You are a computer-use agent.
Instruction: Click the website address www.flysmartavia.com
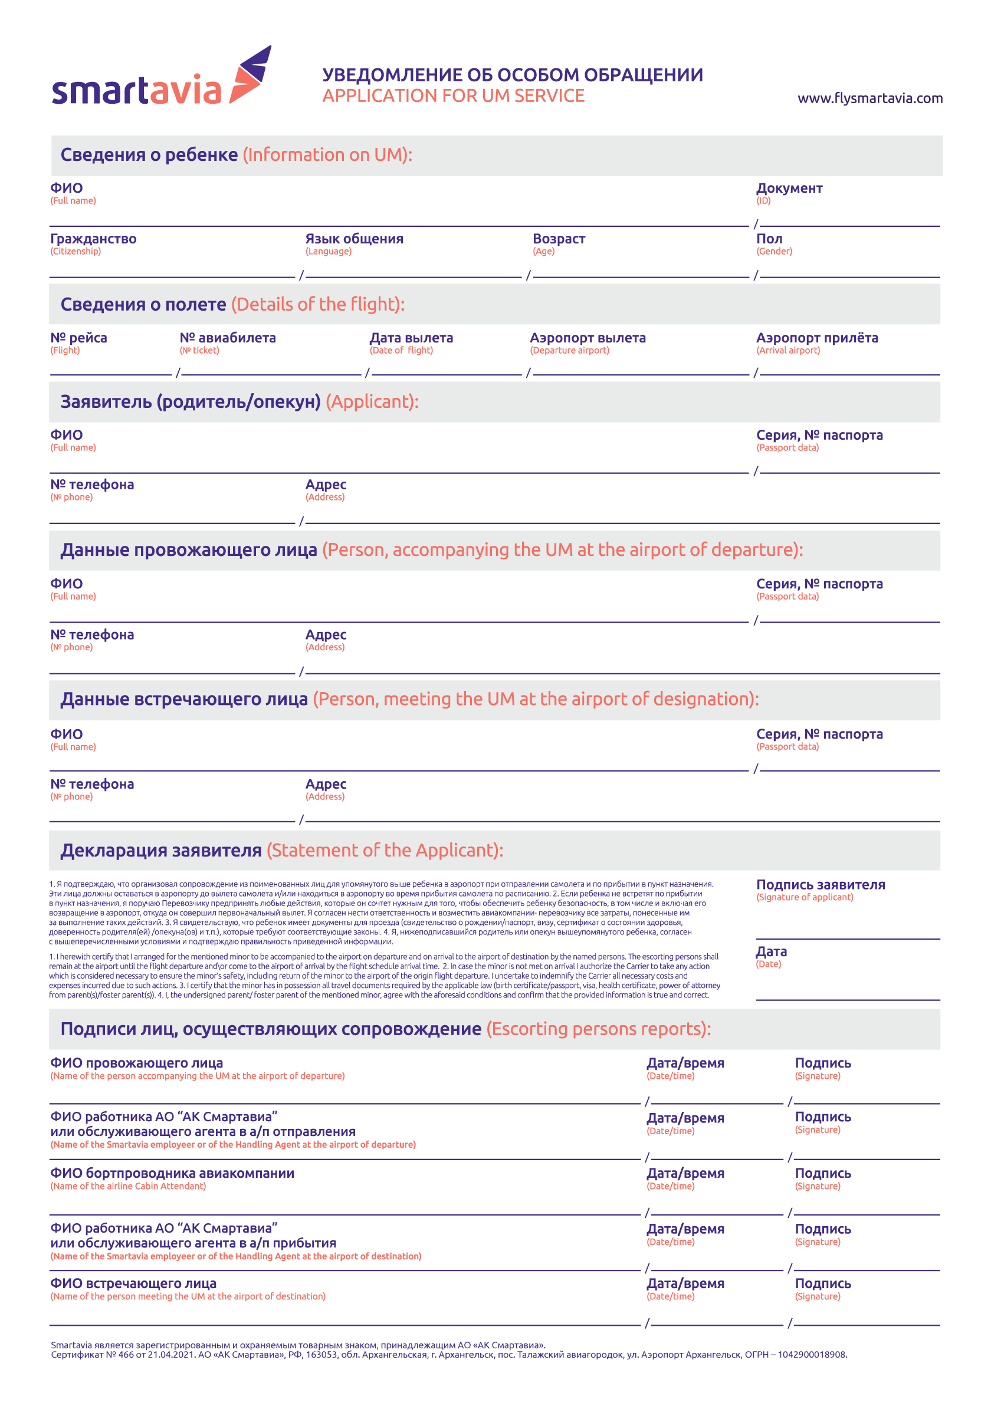point(869,98)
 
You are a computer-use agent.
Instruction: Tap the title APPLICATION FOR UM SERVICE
point(453,96)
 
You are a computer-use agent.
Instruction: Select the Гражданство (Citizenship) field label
point(93,239)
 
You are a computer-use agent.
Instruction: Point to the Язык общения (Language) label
point(354,239)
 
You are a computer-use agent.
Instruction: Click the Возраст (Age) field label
point(559,239)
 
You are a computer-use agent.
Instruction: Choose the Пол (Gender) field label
point(769,239)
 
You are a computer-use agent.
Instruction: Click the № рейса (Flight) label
point(78,338)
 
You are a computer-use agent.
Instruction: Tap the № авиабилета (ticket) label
point(228,338)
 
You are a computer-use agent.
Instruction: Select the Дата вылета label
point(411,338)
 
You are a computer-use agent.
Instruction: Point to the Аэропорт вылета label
point(588,338)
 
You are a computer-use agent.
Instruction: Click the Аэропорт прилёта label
point(817,338)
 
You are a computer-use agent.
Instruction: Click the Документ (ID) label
point(789,188)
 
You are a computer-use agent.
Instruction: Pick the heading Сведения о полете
point(143,304)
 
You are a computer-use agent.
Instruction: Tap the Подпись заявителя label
point(821,884)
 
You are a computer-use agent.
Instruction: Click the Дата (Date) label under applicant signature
point(771,951)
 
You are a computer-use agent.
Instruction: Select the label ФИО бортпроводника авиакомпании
point(172,1173)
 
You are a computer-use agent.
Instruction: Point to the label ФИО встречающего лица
point(133,1283)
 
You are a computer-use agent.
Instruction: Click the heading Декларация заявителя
point(161,850)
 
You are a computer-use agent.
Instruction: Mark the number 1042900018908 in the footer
point(812,1355)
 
